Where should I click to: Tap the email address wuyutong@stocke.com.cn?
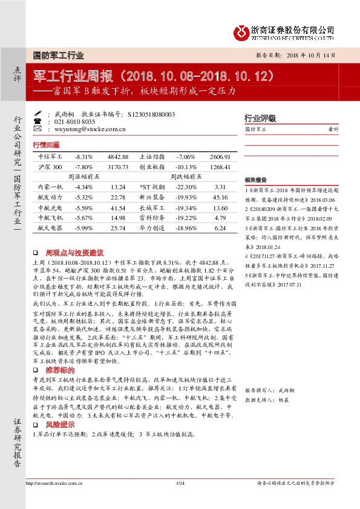90,129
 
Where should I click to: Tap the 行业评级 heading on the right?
260,118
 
